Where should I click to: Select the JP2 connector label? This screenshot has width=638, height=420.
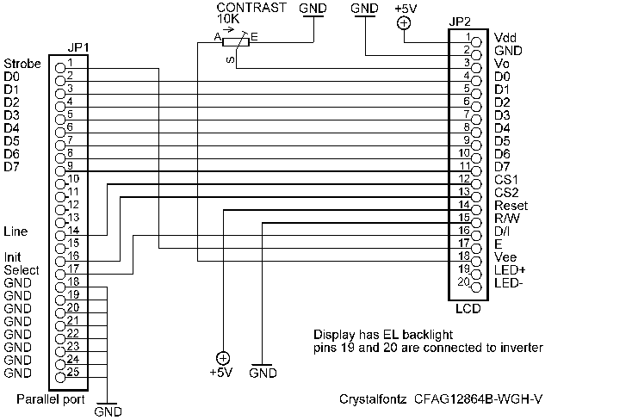tap(461, 22)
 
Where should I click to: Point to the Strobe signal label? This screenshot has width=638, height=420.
tap(22, 64)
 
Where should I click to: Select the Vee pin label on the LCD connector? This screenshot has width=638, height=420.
tap(505, 257)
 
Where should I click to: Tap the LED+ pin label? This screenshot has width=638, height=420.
tap(509, 270)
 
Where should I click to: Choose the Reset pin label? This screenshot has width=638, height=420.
tap(511, 206)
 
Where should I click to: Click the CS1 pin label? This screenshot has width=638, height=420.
tap(506, 179)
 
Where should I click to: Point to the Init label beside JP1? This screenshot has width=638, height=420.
tap(13, 257)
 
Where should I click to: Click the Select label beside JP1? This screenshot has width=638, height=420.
tap(21, 270)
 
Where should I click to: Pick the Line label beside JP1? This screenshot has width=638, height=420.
tap(15, 232)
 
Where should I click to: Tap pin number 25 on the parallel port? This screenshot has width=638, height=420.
tap(74, 372)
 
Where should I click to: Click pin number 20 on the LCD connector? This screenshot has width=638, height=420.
tap(463, 281)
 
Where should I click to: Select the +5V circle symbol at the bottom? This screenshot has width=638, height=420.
tap(222, 357)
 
